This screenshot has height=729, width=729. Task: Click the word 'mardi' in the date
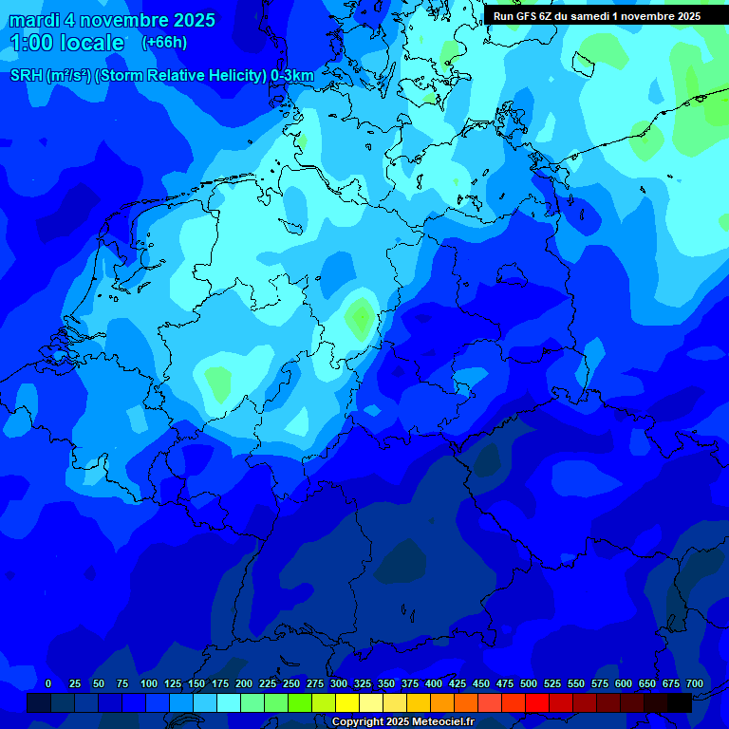[35, 20]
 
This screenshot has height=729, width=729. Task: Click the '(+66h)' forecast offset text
[164, 42]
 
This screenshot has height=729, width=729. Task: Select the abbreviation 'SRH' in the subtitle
[28, 76]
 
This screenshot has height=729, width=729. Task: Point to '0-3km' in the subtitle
[292, 76]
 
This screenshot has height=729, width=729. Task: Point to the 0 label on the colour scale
[48, 683]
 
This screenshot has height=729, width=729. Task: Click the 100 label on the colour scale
[149, 683]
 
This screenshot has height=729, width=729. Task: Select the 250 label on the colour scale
[291, 683]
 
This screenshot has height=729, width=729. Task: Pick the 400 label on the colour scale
[434, 683]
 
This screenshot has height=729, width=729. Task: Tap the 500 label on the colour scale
[529, 683]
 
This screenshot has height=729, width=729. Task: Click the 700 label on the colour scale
[695, 683]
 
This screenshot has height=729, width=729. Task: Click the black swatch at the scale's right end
[680, 702]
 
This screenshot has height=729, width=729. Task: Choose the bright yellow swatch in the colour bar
[347, 702]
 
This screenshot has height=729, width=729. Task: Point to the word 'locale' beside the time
[92, 43]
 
